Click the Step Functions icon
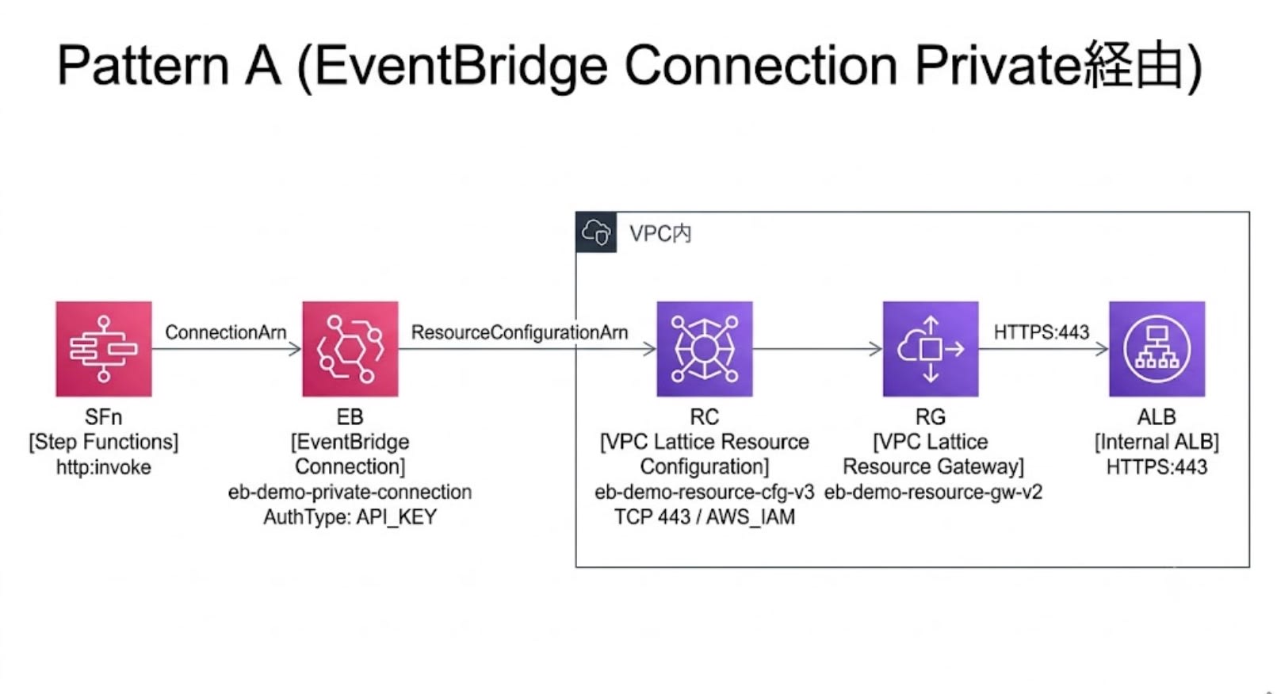click(x=104, y=349)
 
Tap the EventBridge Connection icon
click(x=350, y=349)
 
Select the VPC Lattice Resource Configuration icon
click(x=705, y=349)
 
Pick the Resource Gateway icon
click(x=931, y=349)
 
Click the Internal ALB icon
click(x=1157, y=349)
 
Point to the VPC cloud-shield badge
click(x=596, y=232)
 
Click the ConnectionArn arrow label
click(x=226, y=332)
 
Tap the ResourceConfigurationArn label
click(x=519, y=332)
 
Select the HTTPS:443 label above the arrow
click(x=1041, y=332)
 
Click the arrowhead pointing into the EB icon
click(x=296, y=349)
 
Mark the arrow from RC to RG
click(x=817, y=349)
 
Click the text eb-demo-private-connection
click(x=350, y=492)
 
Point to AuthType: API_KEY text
click(x=350, y=517)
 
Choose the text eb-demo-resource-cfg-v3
click(x=705, y=492)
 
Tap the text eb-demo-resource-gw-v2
click(x=933, y=492)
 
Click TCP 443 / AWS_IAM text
click(x=705, y=517)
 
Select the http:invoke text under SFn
click(x=104, y=467)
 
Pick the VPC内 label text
click(x=660, y=233)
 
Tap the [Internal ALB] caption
click(x=1157, y=442)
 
